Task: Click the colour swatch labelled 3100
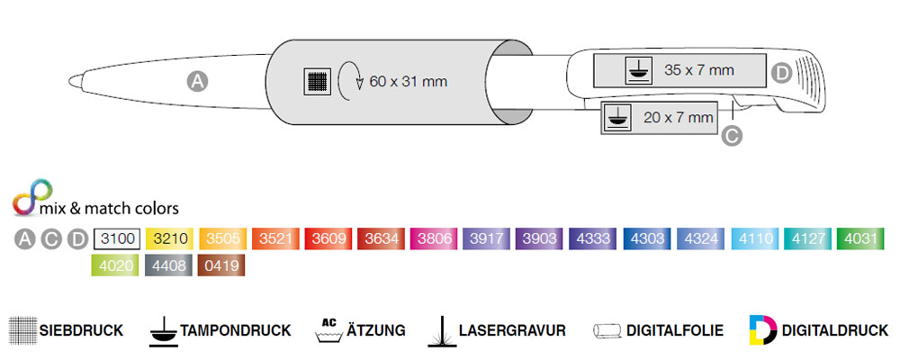point(115,239)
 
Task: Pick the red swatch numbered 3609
point(328,239)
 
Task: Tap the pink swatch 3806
point(434,239)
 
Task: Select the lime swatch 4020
point(115,265)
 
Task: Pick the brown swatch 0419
point(221,265)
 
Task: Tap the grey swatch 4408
point(168,265)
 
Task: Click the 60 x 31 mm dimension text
point(408,82)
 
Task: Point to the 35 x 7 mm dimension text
point(699,69)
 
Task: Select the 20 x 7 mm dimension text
point(679,117)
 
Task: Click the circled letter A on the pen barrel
point(197,81)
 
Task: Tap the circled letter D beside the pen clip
point(781,73)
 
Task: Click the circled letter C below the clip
point(732,136)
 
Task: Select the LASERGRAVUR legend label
point(511,330)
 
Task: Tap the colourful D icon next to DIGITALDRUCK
point(760,329)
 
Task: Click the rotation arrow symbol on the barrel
point(349,82)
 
